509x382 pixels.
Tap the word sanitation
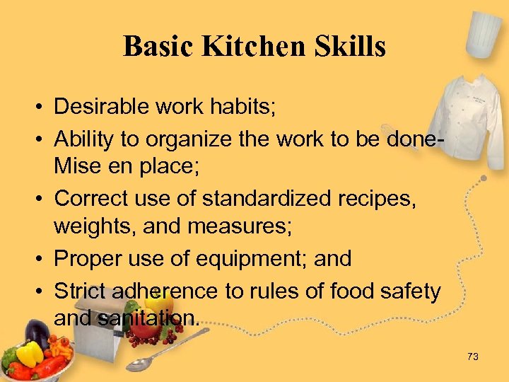pyautogui.click(x=151, y=319)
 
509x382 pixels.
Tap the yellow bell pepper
pyautogui.click(x=29, y=353)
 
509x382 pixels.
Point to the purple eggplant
pyautogui.click(x=35, y=332)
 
